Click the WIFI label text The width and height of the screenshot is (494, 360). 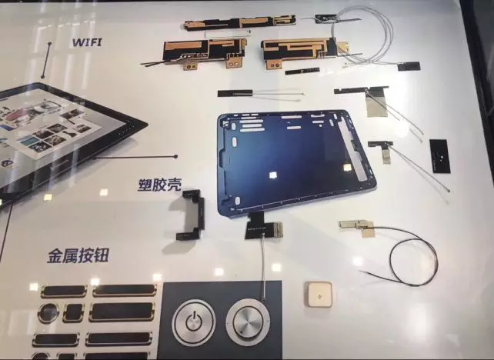point(87,42)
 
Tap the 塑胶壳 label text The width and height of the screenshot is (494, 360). point(159,185)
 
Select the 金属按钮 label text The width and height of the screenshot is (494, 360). point(78,255)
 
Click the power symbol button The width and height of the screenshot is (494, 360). point(193,322)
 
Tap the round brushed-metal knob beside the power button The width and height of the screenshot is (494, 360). point(248,322)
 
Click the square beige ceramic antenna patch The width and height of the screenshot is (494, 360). point(318,295)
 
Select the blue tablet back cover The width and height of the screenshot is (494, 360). point(296,162)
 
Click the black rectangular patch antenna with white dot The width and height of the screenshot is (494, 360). point(440,156)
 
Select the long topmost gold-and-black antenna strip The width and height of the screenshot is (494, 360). point(240,22)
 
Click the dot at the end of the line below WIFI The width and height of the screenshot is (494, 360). point(43,76)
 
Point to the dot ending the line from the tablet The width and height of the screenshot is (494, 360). point(175,156)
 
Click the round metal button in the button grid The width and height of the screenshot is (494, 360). point(48,313)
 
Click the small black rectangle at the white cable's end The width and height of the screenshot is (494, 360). point(409,66)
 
